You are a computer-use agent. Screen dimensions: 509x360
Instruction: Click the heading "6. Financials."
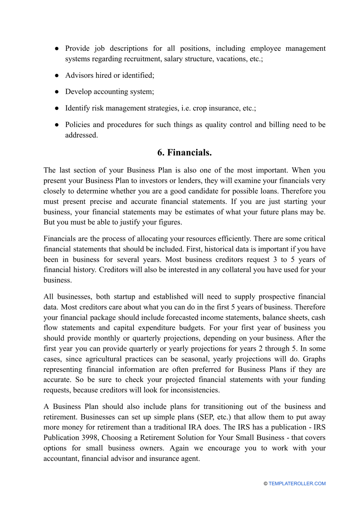185,152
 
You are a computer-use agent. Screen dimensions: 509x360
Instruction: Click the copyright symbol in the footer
266,484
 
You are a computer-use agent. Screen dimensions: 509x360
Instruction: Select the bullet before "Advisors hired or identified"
57,75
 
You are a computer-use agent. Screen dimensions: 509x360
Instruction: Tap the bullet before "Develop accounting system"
57,92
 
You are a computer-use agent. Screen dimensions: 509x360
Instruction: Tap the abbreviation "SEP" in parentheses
207,417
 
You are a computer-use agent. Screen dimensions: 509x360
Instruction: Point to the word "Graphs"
314,359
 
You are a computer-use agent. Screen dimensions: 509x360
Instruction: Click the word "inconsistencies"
195,390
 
